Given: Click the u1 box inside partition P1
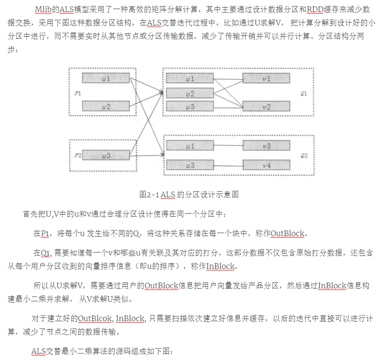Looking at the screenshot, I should point(106,78).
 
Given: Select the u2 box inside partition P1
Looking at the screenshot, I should point(106,106).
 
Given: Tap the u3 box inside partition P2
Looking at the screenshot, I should point(106,155).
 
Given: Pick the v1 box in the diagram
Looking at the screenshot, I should point(266,79).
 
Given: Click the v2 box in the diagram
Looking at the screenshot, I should point(266,107).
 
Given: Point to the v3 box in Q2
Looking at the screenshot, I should point(266,146).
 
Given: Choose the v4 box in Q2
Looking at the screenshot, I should point(266,165).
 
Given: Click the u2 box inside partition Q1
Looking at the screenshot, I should point(190,93).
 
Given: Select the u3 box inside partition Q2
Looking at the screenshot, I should point(190,165).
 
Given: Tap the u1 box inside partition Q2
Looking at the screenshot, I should point(190,146).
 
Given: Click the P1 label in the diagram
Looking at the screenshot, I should point(78,93).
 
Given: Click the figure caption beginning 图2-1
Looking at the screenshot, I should point(189,194).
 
